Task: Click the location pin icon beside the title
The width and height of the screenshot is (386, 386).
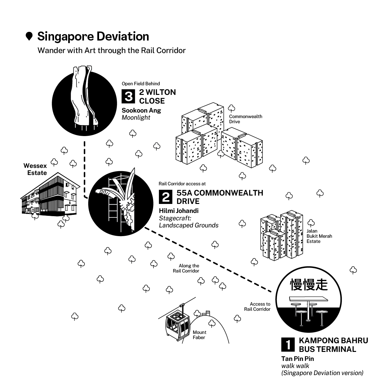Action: [x=29, y=37]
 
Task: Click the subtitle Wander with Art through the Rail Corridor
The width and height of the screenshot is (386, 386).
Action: [x=111, y=51]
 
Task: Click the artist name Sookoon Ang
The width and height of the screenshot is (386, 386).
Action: [x=141, y=110]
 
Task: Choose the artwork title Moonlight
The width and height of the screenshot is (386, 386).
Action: [x=136, y=118]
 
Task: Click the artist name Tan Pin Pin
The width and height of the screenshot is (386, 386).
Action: [x=298, y=358]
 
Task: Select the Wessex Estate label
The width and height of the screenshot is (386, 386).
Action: [x=35, y=169]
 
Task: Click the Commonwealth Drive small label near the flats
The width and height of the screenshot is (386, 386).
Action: [x=245, y=119]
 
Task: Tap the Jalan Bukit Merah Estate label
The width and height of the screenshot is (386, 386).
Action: [x=319, y=236]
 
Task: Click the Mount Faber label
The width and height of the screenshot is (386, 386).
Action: [x=199, y=335]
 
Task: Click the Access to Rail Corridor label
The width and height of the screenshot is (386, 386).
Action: [x=257, y=307]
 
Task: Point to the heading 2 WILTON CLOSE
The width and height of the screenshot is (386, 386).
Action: [x=157, y=96]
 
